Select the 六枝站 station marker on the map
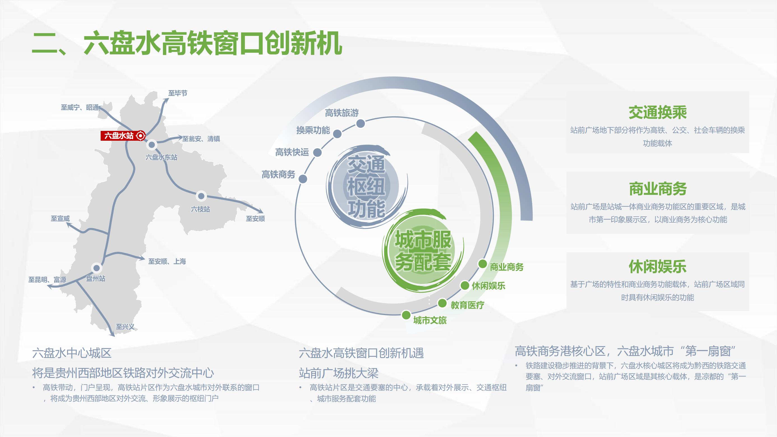[x=201, y=196]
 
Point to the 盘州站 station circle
[x=96, y=268]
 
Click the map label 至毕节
[x=178, y=93]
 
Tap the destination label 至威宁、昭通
[x=80, y=107]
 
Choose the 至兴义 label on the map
[x=125, y=327]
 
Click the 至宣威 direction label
[x=60, y=218]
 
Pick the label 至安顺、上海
[x=167, y=262]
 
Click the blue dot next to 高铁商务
[x=303, y=179]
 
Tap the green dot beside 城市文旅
[x=406, y=315]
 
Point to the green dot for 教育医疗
[x=442, y=303]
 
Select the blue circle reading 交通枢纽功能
[x=366, y=186]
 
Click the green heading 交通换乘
[x=658, y=112]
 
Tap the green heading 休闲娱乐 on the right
[x=658, y=267]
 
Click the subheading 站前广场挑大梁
[x=338, y=373]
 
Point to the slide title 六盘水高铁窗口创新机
[x=187, y=44]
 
